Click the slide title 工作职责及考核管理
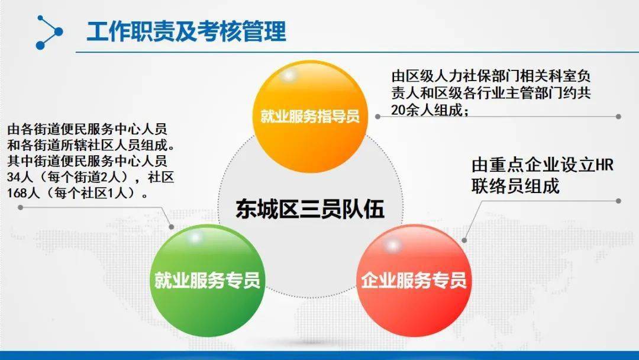(186, 31)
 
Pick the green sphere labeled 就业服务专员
(208, 281)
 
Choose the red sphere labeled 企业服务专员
(414, 281)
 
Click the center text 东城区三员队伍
(310, 209)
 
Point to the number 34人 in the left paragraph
(18, 177)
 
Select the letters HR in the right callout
(604, 165)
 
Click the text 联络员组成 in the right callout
(515, 187)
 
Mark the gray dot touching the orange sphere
(377, 117)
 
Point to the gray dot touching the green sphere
(172, 227)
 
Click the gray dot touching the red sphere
(464, 240)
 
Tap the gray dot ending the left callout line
(20, 207)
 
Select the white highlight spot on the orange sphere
(289, 75)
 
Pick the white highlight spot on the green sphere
(195, 237)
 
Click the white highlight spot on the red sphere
(392, 245)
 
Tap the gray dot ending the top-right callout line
(618, 117)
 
